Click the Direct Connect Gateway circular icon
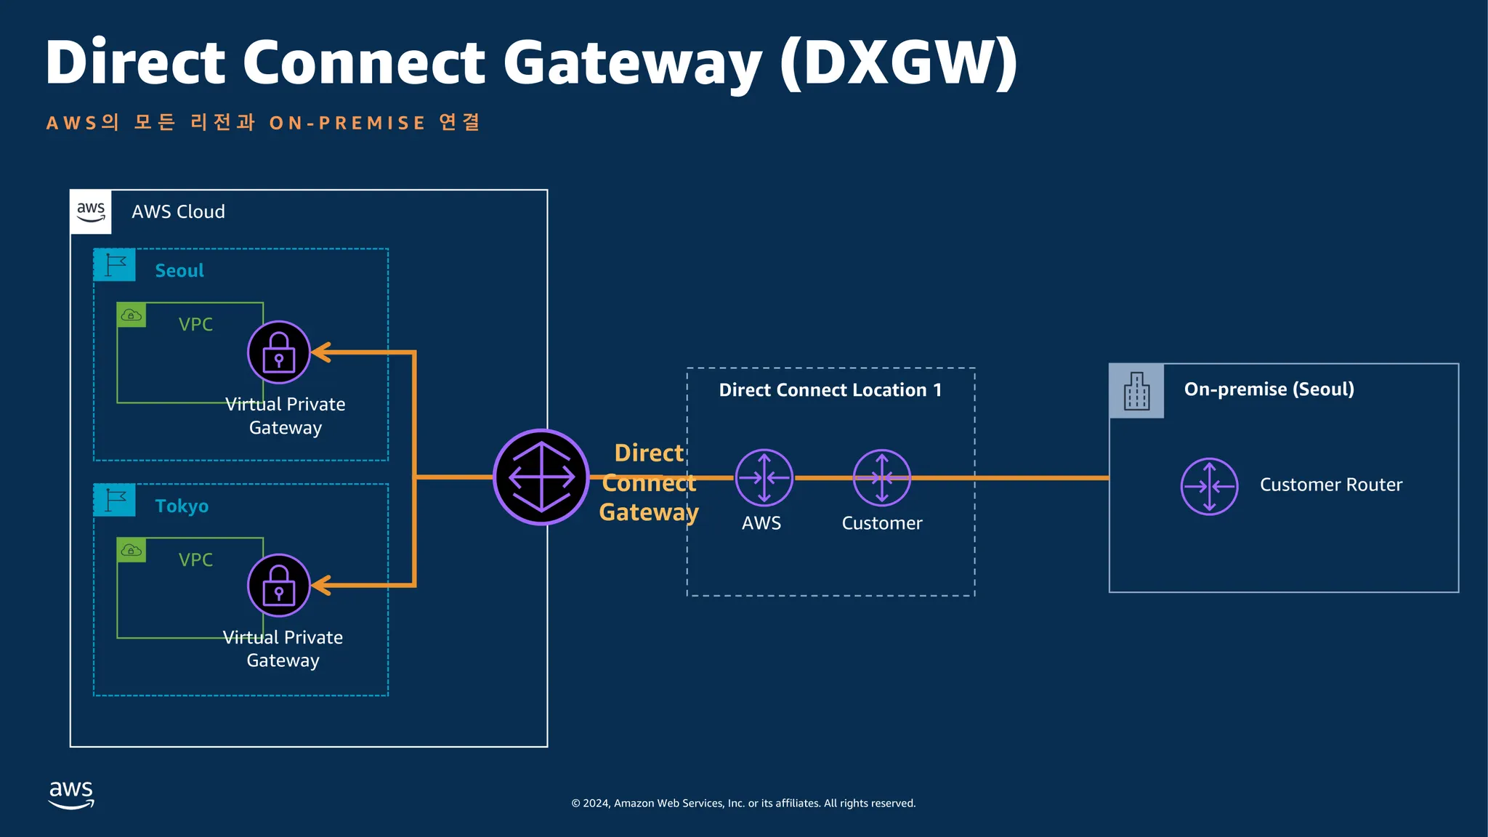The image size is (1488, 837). tap(541, 477)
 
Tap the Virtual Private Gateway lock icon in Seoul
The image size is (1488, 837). tap(279, 352)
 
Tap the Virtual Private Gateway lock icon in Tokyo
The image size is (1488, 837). tap(279, 586)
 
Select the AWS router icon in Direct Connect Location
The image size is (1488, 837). tap(764, 477)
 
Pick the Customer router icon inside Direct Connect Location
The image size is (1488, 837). tap(881, 477)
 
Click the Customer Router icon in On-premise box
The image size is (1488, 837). tap(1209, 486)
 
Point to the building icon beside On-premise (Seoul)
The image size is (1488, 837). tap(1136, 391)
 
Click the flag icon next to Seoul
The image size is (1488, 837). tap(115, 265)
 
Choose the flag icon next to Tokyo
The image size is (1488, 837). tap(115, 500)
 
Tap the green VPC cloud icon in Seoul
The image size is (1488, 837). tap(132, 315)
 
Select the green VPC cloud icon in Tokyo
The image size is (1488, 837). tap(132, 550)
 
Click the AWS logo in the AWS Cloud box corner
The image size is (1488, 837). tap(91, 211)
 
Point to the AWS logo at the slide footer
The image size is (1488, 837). tap(71, 794)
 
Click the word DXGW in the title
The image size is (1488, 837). tap(898, 62)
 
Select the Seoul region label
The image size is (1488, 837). tap(179, 270)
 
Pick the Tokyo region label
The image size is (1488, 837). tap(182, 506)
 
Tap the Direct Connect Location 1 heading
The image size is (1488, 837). tap(830, 390)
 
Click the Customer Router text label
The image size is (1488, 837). tap(1330, 485)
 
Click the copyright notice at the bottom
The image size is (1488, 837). tap(743, 803)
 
